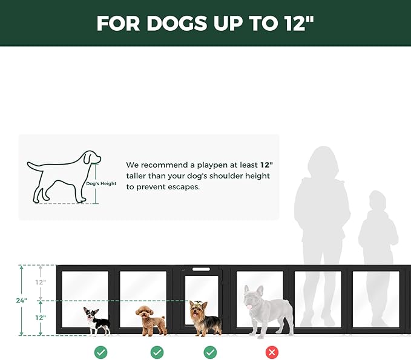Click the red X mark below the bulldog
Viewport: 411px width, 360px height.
pos(272,352)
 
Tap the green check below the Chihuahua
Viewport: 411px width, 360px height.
pos(100,352)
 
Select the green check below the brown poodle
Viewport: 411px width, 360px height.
pos(157,352)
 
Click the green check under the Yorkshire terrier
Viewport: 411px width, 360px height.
pos(210,352)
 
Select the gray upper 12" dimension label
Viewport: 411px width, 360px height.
pos(39,282)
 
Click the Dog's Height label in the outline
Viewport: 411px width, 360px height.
pos(101,183)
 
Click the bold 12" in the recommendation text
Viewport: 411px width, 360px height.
pos(267,165)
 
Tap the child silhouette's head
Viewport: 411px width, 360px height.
pos(377,201)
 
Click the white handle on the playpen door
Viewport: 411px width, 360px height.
pos(202,269)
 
